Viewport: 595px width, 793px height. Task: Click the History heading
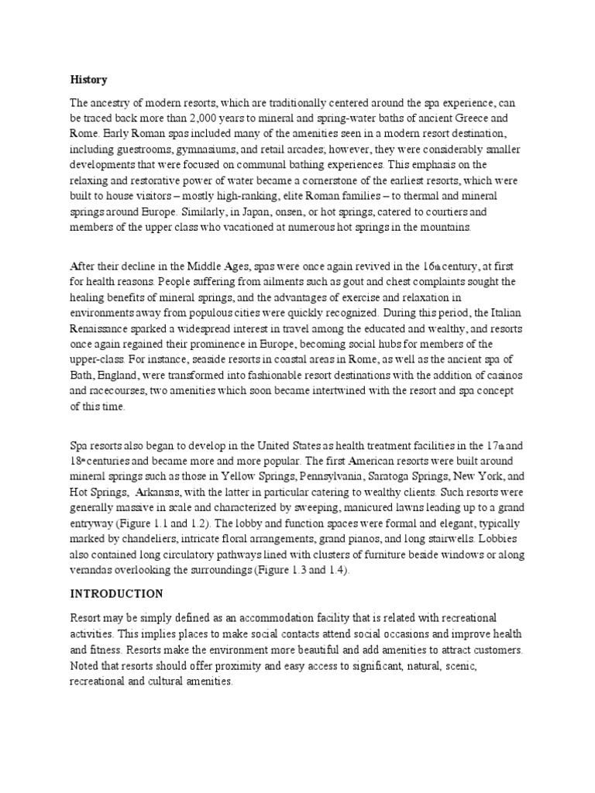pos(89,80)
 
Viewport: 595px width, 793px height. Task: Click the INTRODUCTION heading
pos(116,594)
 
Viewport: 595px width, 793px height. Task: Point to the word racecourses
pos(117,390)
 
